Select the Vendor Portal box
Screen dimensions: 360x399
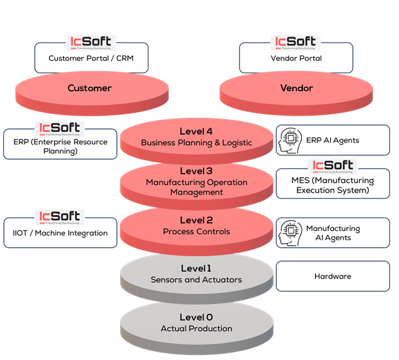[x=296, y=58]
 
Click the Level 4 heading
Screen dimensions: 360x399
[x=196, y=132]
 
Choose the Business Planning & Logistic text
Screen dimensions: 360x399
[x=196, y=142]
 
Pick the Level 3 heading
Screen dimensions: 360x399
[x=196, y=171]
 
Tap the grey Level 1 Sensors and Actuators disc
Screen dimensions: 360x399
[x=196, y=275]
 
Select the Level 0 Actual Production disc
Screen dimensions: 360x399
[x=196, y=323]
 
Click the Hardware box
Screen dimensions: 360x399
[x=333, y=277]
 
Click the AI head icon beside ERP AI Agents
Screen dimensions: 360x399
[x=288, y=141]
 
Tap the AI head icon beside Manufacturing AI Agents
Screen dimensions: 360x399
[x=288, y=233]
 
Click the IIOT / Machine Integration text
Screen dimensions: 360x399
[x=60, y=234]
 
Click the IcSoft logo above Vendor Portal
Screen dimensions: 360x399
[x=296, y=43]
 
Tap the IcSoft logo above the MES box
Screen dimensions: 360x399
[x=333, y=166]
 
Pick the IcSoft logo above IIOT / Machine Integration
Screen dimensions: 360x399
[x=59, y=217]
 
